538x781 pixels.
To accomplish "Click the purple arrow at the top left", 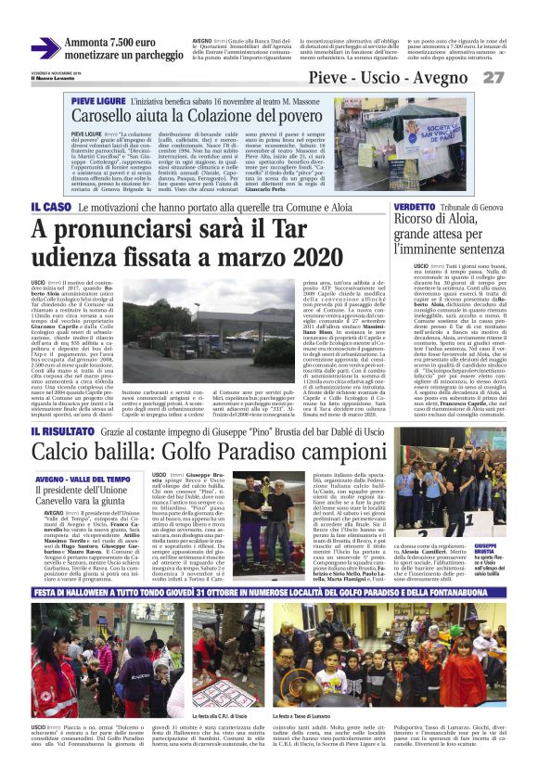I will coord(45,48).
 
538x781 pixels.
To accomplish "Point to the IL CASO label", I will coord(51,205).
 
